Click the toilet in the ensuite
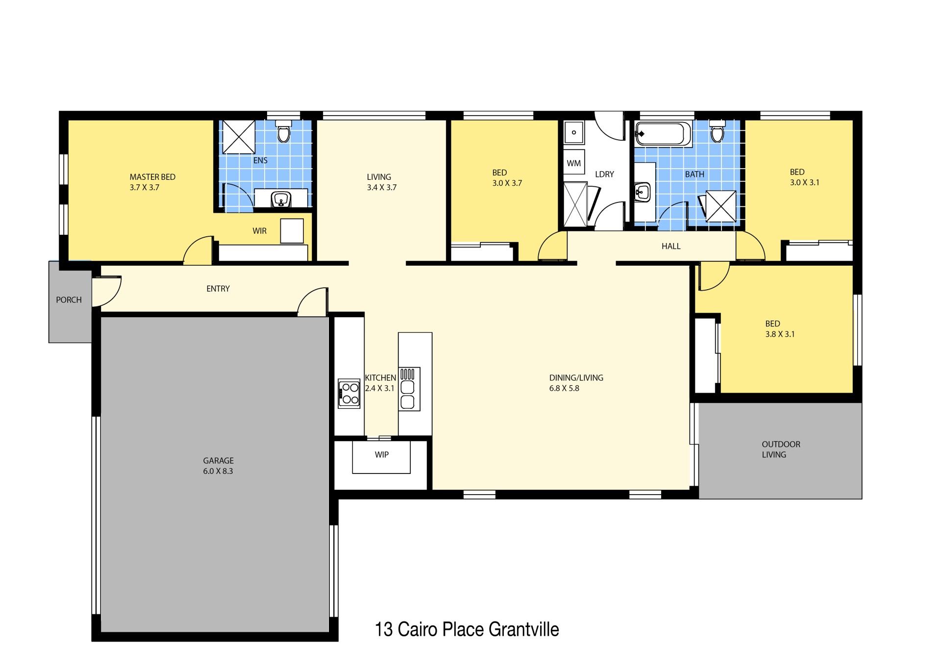point(283,131)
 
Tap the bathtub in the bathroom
point(663,133)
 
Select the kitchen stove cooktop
point(349,393)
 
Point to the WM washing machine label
point(573,163)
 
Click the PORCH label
point(69,300)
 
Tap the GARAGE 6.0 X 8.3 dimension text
point(218,472)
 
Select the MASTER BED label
point(152,177)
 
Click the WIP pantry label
point(382,455)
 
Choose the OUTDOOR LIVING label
point(781,449)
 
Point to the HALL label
point(671,247)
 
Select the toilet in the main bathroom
point(717,131)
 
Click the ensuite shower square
point(239,137)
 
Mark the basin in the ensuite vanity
point(281,199)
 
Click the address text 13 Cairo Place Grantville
point(467,629)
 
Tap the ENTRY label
point(218,289)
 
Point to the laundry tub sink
point(573,132)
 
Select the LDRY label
point(604,174)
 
